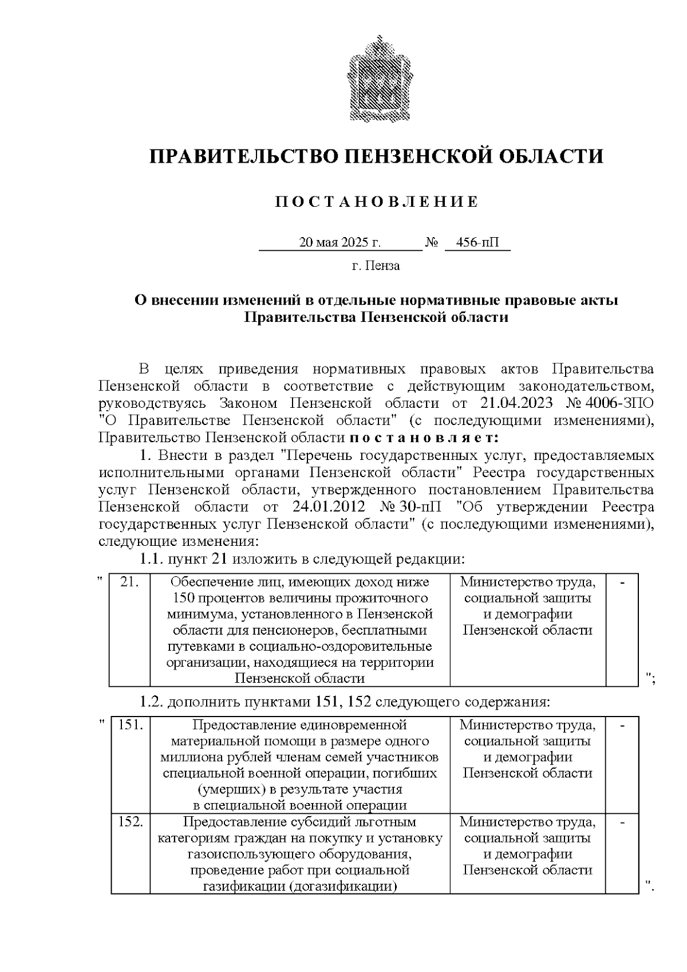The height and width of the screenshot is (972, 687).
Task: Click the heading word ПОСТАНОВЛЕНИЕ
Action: pyautogui.click(x=377, y=202)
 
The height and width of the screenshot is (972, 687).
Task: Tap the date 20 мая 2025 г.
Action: pyautogui.click(x=340, y=243)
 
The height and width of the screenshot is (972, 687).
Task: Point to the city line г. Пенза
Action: pyautogui.click(x=376, y=266)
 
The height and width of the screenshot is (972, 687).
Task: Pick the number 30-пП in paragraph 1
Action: pyautogui.click(x=421, y=507)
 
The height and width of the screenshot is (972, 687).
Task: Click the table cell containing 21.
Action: pyautogui.click(x=130, y=630)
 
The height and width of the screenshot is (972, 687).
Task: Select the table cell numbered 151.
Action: pyautogui.click(x=130, y=764)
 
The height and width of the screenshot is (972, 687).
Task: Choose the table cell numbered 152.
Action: pyautogui.click(x=130, y=853)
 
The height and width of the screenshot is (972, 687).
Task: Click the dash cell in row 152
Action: pyautogui.click(x=622, y=853)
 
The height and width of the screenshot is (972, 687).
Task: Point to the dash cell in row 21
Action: pyautogui.click(x=622, y=630)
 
